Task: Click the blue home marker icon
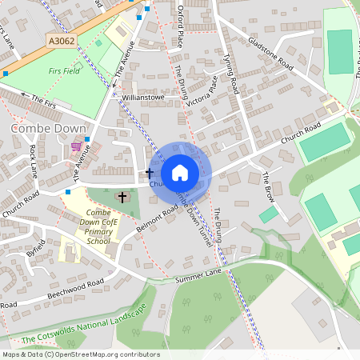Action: click(x=180, y=173)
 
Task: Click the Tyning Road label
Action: click(x=230, y=73)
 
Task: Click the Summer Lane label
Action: click(x=198, y=276)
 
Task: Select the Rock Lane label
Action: click(x=34, y=161)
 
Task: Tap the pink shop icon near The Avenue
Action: click(x=76, y=146)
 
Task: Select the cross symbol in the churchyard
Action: click(x=123, y=196)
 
